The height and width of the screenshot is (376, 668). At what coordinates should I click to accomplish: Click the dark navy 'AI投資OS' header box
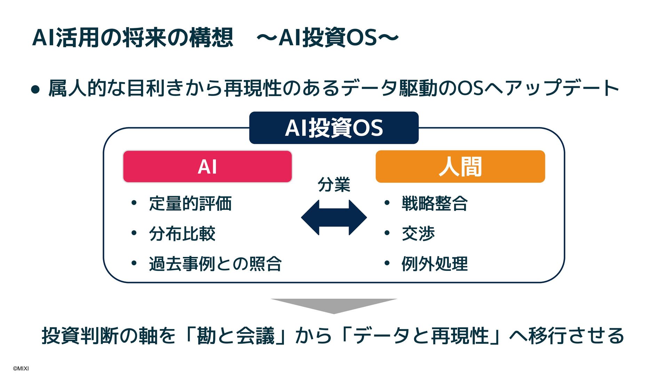click(334, 128)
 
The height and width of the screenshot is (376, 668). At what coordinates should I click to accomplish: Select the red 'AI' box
click(207, 166)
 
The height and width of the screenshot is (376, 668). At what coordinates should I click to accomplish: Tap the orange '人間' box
click(460, 166)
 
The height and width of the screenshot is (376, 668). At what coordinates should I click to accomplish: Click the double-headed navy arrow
click(334, 218)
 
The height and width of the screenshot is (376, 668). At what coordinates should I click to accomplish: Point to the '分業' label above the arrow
click(334, 185)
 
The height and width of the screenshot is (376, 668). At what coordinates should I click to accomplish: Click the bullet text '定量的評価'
click(190, 204)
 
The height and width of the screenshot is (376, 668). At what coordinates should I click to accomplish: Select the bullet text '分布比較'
click(182, 234)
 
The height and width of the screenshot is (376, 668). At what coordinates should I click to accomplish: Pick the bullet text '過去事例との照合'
click(215, 264)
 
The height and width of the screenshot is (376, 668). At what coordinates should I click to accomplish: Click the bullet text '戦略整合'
click(435, 204)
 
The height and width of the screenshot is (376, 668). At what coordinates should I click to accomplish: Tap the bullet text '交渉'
click(418, 234)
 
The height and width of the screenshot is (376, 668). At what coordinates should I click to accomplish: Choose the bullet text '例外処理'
click(435, 264)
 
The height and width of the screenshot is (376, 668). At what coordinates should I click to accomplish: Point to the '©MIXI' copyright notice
click(21, 368)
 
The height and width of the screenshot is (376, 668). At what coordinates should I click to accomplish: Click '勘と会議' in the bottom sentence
click(236, 336)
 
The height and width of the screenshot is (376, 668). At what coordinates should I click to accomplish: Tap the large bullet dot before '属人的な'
click(35, 89)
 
